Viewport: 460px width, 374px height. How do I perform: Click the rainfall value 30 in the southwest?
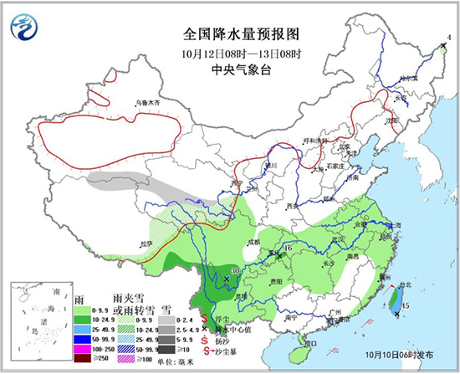235,270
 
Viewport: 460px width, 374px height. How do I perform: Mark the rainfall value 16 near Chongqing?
287,248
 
